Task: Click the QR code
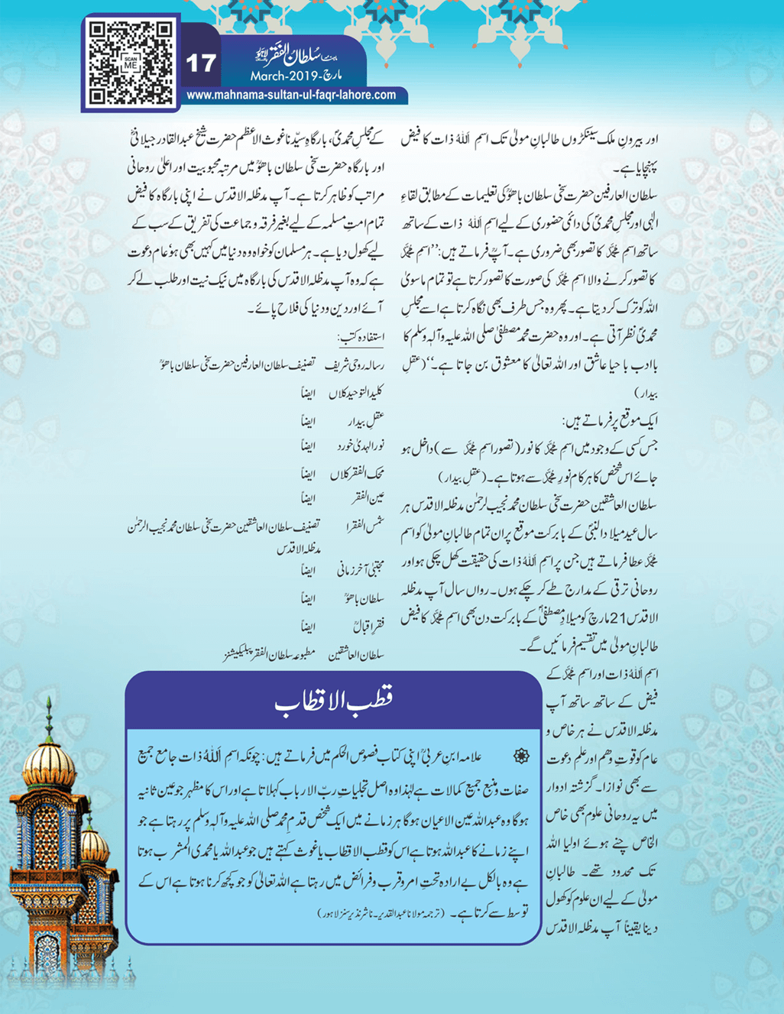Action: point(130,63)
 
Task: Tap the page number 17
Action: point(201,63)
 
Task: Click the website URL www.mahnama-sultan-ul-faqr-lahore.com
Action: point(291,96)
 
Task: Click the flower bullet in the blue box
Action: point(520,756)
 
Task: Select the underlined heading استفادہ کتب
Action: point(361,337)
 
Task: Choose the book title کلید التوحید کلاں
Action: point(356,394)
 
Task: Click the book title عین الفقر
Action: point(368,498)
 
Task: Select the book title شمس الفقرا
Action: point(364,525)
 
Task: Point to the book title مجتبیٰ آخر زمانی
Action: point(360,570)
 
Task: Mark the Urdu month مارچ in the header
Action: point(328,77)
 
